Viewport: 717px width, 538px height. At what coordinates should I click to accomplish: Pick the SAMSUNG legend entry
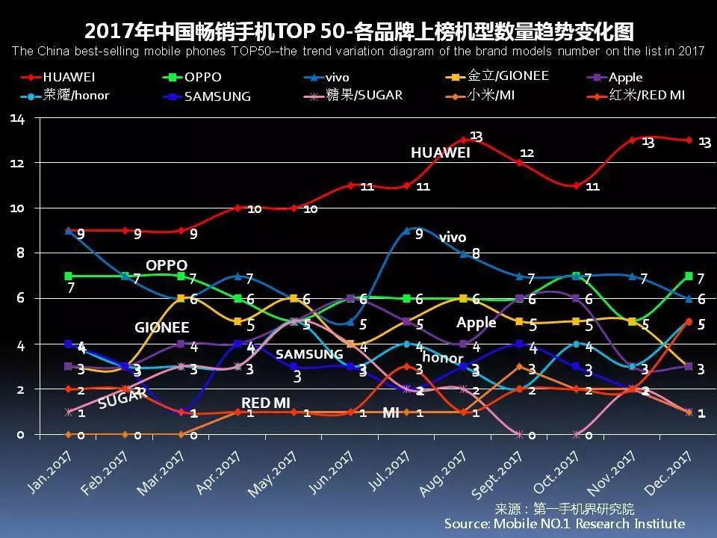[217, 96]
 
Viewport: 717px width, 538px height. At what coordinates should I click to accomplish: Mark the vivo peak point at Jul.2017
[406, 231]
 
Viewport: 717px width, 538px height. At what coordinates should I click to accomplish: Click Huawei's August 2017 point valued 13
[463, 140]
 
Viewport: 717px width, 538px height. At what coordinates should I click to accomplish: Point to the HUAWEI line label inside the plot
[441, 153]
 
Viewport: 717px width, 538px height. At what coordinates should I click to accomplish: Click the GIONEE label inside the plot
[162, 327]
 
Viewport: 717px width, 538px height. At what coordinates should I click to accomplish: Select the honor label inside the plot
[448, 359]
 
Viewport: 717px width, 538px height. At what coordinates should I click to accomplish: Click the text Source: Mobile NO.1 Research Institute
[565, 524]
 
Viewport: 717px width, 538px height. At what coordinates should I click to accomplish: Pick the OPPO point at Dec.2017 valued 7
[689, 276]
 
